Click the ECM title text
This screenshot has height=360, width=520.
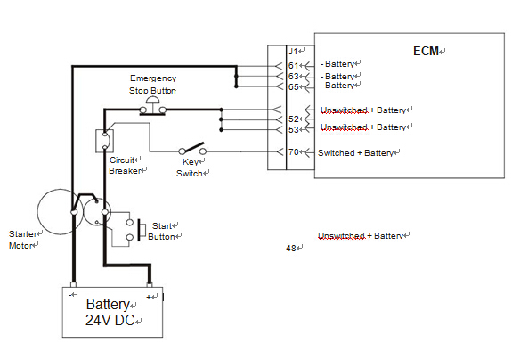point(426,51)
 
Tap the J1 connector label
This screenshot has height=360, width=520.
point(293,52)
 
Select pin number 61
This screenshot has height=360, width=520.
point(294,65)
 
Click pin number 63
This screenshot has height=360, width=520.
point(294,77)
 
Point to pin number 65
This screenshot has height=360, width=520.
point(294,87)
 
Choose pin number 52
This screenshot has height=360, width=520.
point(294,119)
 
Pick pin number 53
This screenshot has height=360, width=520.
point(294,129)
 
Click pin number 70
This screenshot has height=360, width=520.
point(294,152)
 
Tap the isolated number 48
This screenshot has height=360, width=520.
point(291,248)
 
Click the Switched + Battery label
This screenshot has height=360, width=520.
point(355,153)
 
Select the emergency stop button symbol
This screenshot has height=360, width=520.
point(152,106)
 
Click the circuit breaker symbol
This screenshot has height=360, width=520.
point(105,141)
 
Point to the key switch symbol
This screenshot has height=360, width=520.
point(192,148)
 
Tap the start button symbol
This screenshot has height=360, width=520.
point(135,229)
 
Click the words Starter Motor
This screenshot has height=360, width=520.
point(22,240)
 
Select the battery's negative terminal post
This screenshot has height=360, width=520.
point(73,284)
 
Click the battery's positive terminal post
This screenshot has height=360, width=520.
point(150,284)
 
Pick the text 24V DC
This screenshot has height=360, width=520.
point(110,320)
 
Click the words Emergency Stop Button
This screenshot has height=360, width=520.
point(153,85)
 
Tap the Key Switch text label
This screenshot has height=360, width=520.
point(190,168)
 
